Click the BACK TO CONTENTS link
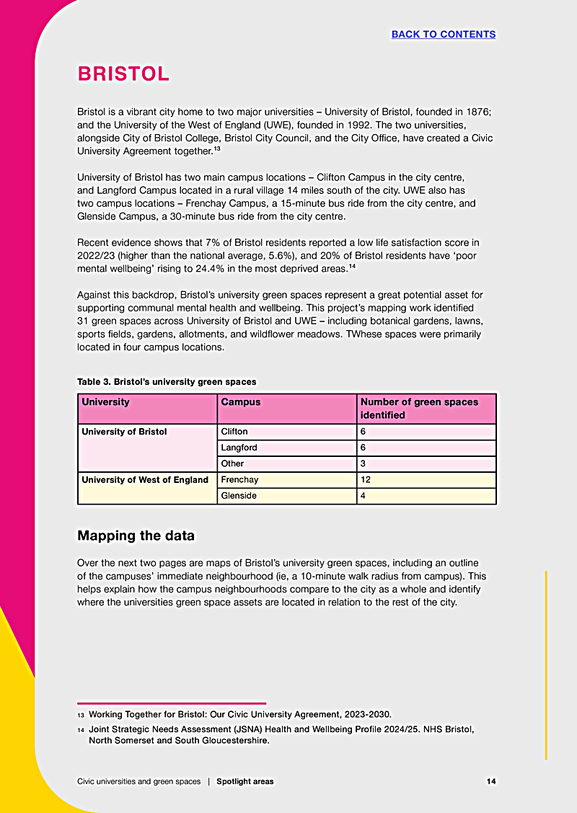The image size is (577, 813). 443,34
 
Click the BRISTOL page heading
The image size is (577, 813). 123,74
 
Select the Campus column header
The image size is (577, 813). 241,402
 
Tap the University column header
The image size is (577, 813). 105,402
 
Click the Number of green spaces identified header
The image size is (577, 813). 419,409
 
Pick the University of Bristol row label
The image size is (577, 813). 124,432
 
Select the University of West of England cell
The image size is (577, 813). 145,480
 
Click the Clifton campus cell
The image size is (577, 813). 234,432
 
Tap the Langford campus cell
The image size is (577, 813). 239,448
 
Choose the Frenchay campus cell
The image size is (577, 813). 240,480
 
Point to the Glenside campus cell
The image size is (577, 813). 239,496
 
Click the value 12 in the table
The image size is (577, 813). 366,480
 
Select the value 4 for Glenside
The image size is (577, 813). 364,496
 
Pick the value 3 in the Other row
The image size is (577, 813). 364,463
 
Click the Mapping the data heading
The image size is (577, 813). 136,536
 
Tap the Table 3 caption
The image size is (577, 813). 167,381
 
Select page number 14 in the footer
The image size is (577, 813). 490,781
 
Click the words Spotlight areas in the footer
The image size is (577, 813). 245,781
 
